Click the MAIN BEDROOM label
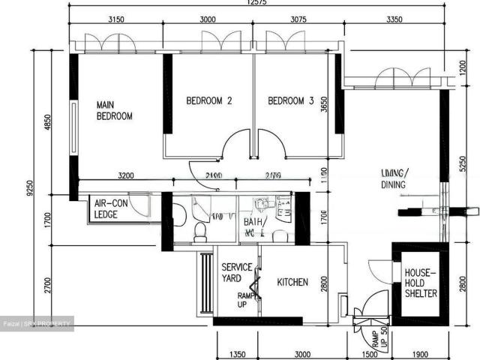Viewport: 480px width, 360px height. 114,110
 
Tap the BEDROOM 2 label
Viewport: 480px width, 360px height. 209,100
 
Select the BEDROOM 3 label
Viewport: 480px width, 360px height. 290,100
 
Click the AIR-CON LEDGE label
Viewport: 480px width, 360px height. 110,208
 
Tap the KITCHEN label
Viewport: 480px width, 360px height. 292,283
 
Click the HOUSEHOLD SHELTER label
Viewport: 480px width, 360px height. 421,283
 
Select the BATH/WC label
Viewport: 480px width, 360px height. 255,227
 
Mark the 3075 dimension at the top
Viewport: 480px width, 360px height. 298,20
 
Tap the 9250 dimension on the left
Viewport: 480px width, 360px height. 29,194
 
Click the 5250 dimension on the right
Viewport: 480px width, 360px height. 463,164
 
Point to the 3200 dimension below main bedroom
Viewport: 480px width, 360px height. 125,176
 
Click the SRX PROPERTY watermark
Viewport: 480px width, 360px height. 37,324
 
